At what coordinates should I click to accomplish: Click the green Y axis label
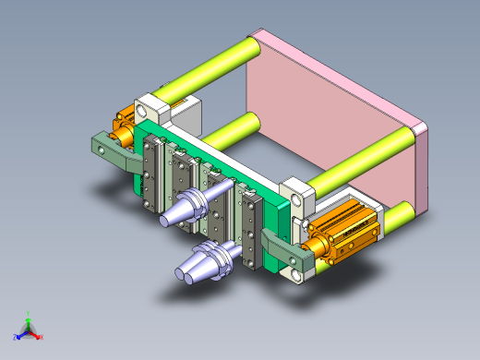pos(30,315)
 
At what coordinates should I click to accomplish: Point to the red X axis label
pos(42,336)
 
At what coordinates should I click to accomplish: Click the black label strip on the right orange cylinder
pos(355,233)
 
